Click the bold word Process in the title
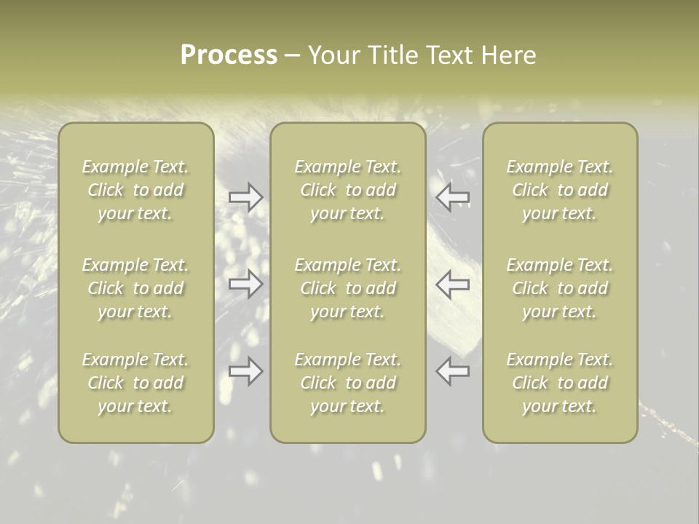[x=229, y=55]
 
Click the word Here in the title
[x=508, y=55]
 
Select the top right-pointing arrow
[x=246, y=197]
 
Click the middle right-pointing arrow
[x=246, y=283]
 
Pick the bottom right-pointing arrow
[x=246, y=371]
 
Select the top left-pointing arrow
[x=453, y=197]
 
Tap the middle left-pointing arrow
[x=453, y=283]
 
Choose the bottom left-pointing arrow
[x=453, y=371]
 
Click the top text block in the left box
[x=135, y=190]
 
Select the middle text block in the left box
[x=135, y=288]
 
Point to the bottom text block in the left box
[x=135, y=383]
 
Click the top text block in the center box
[x=348, y=190]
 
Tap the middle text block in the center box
[x=348, y=288]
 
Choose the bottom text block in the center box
[x=348, y=383]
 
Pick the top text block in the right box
[x=560, y=190]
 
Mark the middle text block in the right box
[x=560, y=288]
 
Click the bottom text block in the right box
[x=560, y=383]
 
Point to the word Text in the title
[x=451, y=55]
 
